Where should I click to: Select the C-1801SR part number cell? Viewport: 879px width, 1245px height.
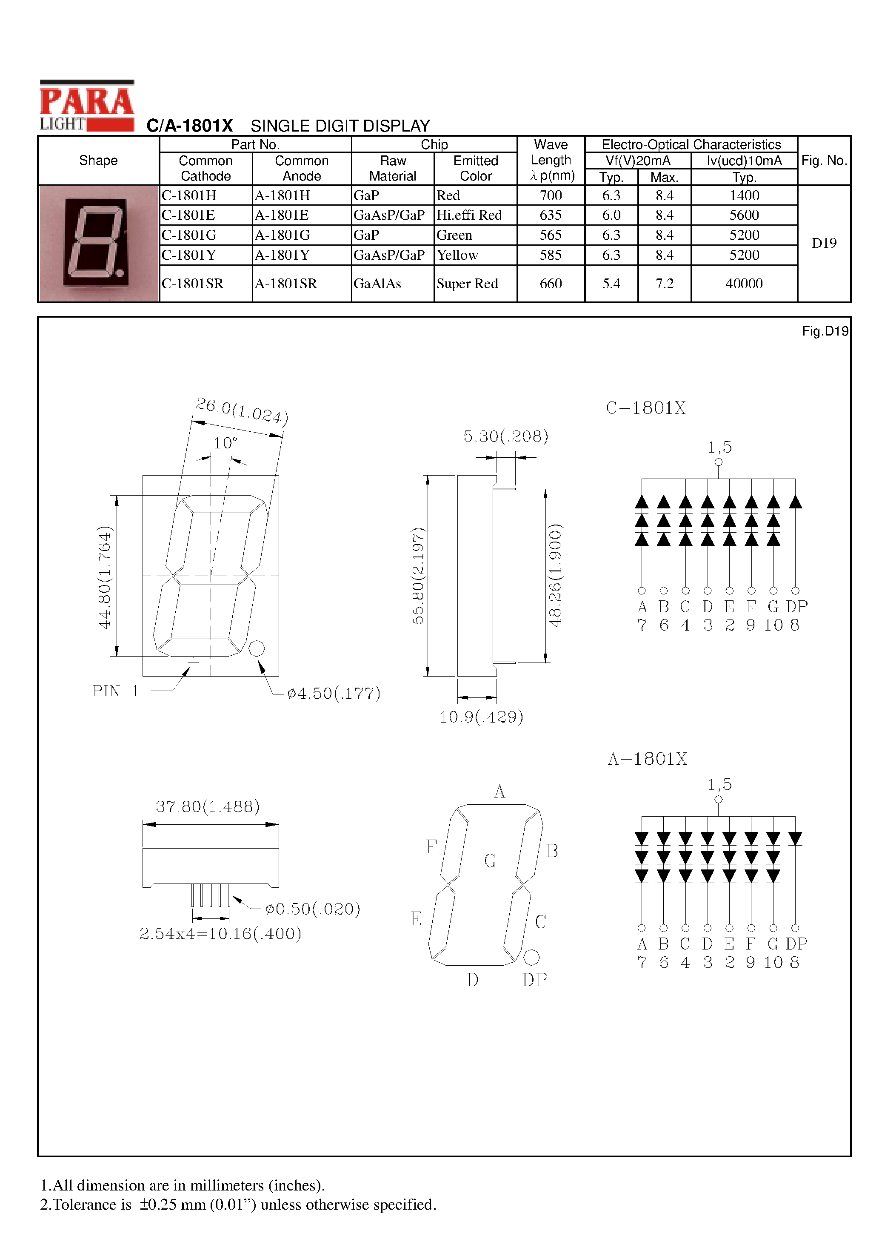coord(192,284)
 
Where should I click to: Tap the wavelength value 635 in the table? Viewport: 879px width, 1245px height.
coord(550,215)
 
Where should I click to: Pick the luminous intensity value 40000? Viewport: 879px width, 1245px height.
coord(744,284)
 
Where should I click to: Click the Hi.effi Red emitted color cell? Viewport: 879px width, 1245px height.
coord(469,215)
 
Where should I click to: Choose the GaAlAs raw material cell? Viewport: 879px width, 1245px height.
coord(377,284)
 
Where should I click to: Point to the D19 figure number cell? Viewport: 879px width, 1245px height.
coord(824,244)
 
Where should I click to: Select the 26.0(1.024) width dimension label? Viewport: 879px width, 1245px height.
coord(242,411)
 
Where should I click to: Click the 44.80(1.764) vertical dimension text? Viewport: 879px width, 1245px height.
coord(105,577)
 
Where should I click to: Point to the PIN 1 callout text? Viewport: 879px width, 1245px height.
coord(115,691)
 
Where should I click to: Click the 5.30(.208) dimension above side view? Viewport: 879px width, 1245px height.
coord(505,436)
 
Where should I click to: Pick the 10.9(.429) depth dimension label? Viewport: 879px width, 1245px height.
coord(481,717)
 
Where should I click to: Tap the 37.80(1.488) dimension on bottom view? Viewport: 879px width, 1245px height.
coord(208,806)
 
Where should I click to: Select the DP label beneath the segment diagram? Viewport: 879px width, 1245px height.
coord(534,980)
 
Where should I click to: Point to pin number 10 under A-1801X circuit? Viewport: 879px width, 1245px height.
coord(773,962)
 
